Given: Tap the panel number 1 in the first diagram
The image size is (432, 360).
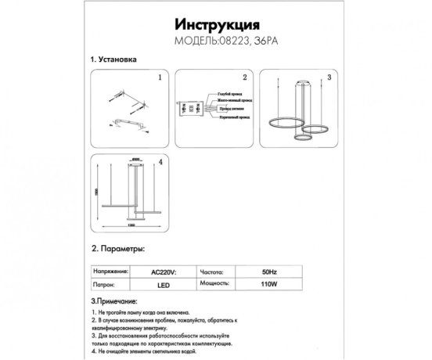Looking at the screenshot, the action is tap(160, 78).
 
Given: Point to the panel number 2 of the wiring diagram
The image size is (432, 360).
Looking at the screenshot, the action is tap(244, 78).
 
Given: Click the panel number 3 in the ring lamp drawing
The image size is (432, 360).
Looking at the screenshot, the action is tap(329, 78).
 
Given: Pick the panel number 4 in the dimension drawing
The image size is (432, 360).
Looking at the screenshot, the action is tap(160, 162).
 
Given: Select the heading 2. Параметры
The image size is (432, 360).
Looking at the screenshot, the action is tap(118, 248).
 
